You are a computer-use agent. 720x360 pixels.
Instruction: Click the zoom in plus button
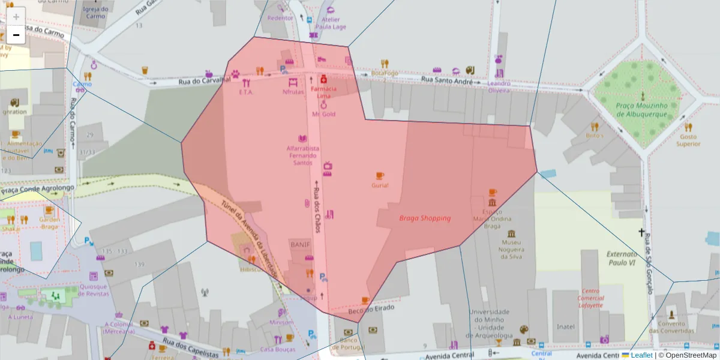(x=16, y=16)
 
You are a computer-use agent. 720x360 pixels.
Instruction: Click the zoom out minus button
(x=16, y=35)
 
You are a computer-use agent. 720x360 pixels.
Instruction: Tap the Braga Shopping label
(x=425, y=218)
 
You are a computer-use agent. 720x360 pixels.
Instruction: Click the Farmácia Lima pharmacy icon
(x=323, y=79)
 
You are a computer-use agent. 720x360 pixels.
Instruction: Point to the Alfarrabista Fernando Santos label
(x=302, y=155)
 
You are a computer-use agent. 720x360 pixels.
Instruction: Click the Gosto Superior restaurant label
(x=688, y=140)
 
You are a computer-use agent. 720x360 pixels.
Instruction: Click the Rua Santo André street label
(x=447, y=80)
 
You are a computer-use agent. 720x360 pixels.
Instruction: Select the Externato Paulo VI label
(x=621, y=258)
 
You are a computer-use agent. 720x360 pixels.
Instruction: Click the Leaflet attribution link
(x=641, y=355)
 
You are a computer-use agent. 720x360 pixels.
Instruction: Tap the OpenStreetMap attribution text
(x=690, y=355)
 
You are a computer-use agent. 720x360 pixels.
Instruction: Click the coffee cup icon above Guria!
(x=379, y=176)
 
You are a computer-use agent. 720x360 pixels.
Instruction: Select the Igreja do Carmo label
(x=96, y=13)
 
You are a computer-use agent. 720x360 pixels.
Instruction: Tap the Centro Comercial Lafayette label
(x=591, y=298)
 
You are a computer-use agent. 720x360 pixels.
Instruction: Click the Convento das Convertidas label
(x=671, y=327)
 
